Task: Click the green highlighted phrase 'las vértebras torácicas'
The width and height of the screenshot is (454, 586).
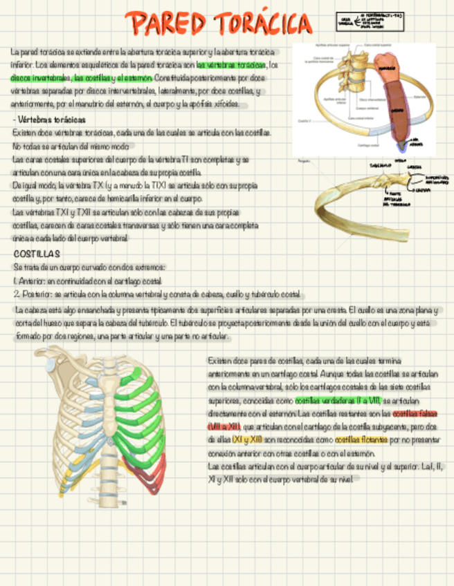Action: click(232, 65)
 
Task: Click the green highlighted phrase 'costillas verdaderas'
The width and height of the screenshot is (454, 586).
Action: click(325, 401)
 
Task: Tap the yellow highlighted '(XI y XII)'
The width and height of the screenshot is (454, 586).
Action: click(248, 439)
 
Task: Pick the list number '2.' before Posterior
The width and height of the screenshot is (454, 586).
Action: click(17, 293)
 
